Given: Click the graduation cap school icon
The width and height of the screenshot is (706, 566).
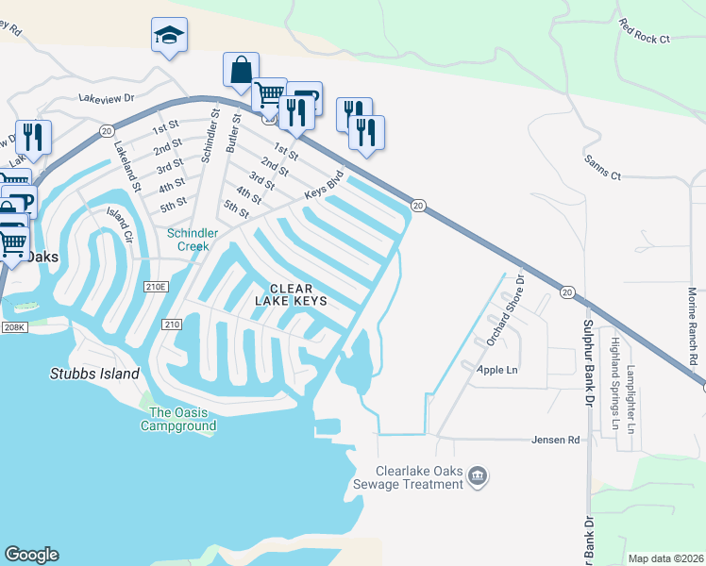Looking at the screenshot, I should (x=169, y=35).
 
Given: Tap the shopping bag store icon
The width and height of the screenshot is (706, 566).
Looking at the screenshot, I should (x=241, y=70).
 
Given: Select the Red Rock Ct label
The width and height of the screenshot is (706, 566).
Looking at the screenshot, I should (x=645, y=31).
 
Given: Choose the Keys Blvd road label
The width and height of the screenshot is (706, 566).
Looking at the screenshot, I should (x=323, y=185).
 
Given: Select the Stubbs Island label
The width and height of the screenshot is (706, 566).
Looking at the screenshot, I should (x=94, y=374).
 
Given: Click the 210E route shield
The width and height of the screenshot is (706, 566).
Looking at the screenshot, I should (x=156, y=286).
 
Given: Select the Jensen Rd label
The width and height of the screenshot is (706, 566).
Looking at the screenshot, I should (x=554, y=440).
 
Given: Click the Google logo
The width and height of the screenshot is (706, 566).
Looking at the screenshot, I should (x=31, y=555).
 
